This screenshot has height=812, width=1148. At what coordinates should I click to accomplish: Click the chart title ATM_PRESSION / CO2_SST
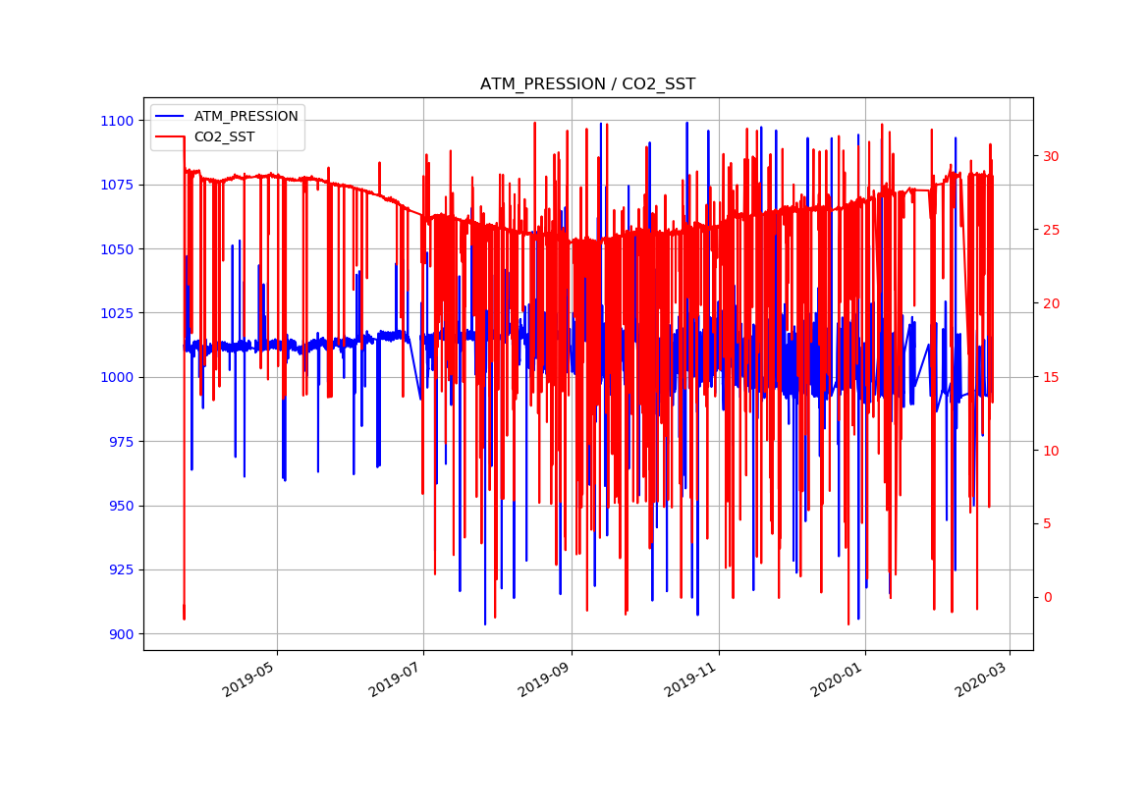coord(587,84)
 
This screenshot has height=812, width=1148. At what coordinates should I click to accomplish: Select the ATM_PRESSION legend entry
coord(246,116)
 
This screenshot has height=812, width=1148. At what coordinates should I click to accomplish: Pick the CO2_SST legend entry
coord(224,137)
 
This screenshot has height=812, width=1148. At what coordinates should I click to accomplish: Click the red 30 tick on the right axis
coord(1051,156)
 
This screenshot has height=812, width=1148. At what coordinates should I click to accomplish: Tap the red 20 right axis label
coord(1051,303)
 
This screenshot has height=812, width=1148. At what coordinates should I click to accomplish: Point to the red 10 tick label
coord(1051,451)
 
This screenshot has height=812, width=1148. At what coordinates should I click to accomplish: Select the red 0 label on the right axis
coord(1047,598)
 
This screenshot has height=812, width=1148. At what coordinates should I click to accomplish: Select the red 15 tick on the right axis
coord(1051,377)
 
